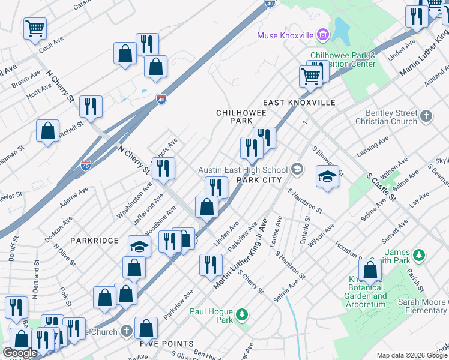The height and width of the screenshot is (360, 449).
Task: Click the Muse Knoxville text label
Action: click(x=286, y=35)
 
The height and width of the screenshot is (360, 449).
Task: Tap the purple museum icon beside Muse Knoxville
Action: click(x=323, y=35)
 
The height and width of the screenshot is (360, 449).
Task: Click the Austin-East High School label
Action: click(x=243, y=170)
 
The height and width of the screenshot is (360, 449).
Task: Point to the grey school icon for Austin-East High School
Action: click(x=297, y=170)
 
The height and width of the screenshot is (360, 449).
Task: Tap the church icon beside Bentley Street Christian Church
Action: click(x=426, y=116)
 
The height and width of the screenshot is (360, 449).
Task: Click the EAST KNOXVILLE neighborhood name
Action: click(x=299, y=103)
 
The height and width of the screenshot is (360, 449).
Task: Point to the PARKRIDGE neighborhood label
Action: click(x=94, y=240)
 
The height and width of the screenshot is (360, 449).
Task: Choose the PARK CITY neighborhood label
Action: click(x=259, y=179)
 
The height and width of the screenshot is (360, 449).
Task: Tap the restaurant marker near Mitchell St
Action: click(x=91, y=107)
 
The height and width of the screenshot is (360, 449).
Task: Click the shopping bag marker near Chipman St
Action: click(x=47, y=131)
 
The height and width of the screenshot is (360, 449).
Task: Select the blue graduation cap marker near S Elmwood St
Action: click(x=327, y=177)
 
